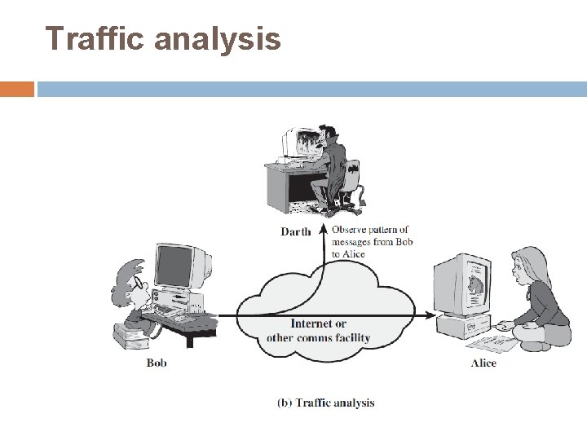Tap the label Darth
[x=295, y=231]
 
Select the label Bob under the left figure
[x=157, y=363]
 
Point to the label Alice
[x=483, y=363]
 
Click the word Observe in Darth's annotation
[x=348, y=230]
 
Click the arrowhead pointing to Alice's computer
[x=430, y=315]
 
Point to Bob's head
[x=130, y=281]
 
